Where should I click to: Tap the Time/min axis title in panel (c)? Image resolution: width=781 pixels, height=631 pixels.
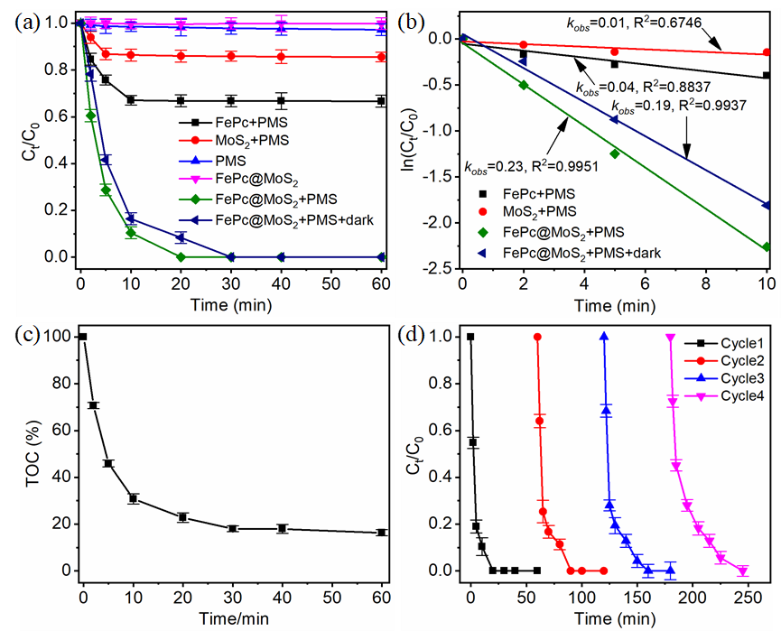[x=219, y=620]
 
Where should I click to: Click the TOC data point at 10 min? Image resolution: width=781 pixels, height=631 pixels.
[x=133, y=498]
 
